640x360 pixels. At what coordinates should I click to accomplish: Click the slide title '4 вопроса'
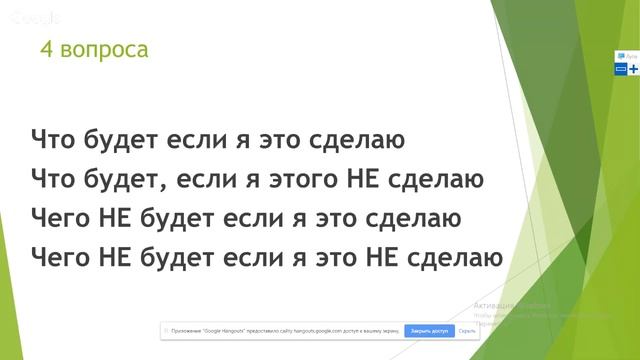pyautogui.click(x=94, y=49)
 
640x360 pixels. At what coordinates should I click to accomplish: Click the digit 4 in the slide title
pyautogui.click(x=46, y=49)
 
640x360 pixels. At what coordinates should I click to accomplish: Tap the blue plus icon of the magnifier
pyautogui.click(x=633, y=68)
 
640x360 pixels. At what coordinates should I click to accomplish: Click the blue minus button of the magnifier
pyautogui.click(x=620, y=68)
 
